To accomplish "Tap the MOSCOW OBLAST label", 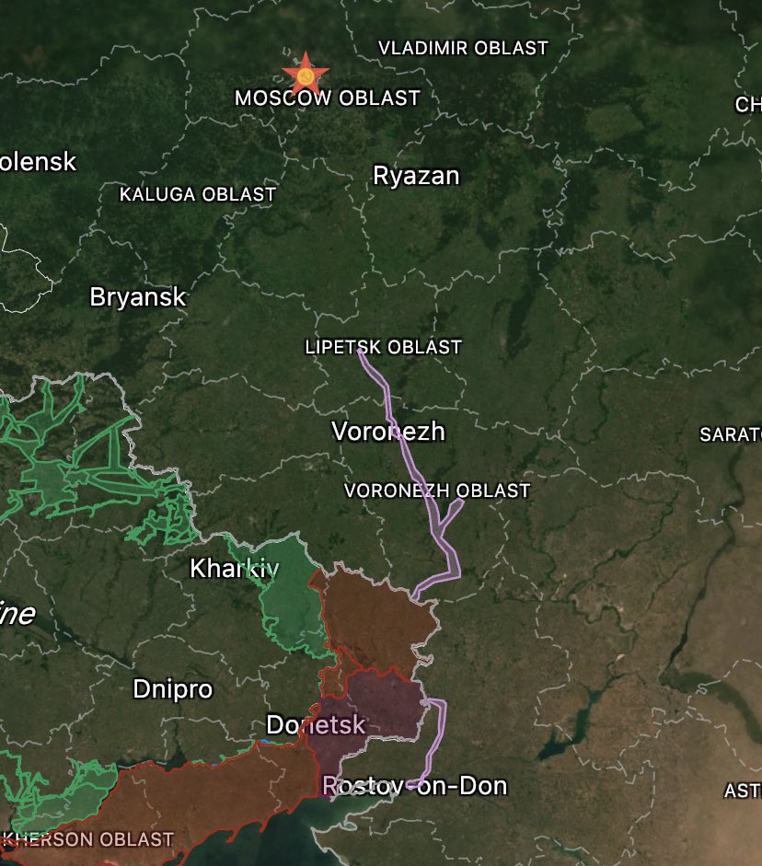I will point(328,98).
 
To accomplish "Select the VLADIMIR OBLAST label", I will point(463,48).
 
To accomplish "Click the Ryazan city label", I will point(416,176).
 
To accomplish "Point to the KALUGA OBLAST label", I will point(198,194).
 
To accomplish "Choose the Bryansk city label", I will point(138,297).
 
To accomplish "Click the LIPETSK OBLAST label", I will point(383,347).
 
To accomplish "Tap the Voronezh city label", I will point(387,431).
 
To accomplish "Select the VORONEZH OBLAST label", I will point(437,491).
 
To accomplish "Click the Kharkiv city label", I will point(234,569).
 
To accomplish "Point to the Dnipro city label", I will point(172,688).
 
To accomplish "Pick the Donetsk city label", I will point(316,724).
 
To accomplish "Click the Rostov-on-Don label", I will point(414,786).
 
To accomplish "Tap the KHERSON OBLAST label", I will point(89,839).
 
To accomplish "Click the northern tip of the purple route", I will point(361,352).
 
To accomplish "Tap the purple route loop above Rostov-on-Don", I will point(439,736).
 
